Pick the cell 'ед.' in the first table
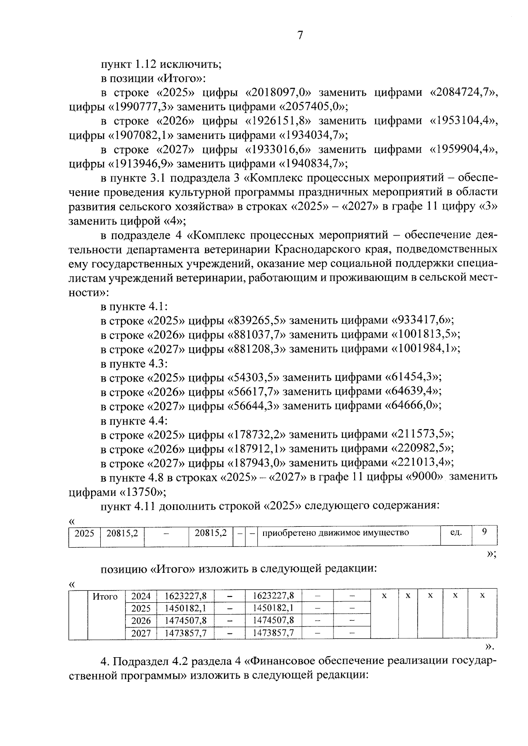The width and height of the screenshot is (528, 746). click(x=455, y=533)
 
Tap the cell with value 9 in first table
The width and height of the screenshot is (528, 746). click(x=484, y=531)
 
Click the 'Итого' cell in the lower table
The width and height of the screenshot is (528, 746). click(x=105, y=597)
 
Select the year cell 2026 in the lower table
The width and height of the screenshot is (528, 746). click(x=141, y=621)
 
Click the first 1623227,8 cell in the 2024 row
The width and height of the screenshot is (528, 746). click(x=185, y=596)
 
